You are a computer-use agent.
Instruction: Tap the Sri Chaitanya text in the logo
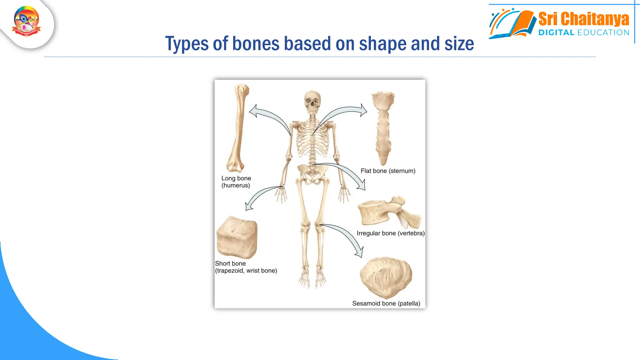click(x=583, y=19)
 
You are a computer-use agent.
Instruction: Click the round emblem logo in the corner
click(x=27, y=21)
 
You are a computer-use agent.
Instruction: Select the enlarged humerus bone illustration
click(x=238, y=128)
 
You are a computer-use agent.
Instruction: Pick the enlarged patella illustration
click(x=386, y=277)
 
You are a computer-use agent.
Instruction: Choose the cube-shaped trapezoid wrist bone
click(x=237, y=237)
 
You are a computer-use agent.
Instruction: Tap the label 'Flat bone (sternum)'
click(x=388, y=171)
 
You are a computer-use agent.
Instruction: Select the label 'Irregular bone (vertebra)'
click(x=391, y=233)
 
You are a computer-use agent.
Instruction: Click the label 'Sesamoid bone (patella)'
click(x=386, y=303)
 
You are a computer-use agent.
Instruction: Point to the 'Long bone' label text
click(x=236, y=178)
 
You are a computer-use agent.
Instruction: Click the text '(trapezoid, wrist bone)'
click(x=246, y=271)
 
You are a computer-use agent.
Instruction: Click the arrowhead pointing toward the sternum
click(x=363, y=110)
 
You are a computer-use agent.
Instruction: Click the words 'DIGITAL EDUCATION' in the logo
click(x=584, y=32)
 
